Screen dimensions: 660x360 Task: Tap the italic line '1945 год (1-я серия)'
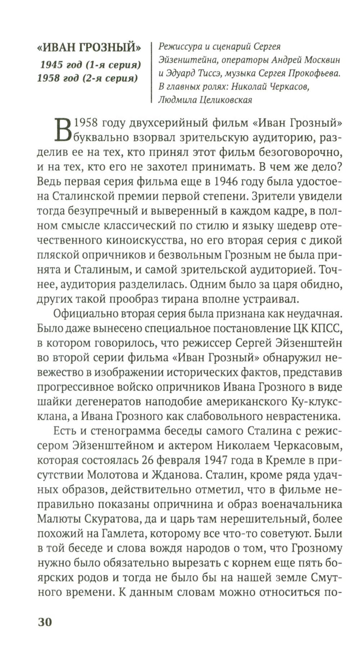click(x=90, y=65)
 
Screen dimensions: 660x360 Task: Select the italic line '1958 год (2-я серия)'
click(x=87, y=78)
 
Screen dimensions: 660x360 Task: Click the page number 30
click(x=45, y=622)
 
